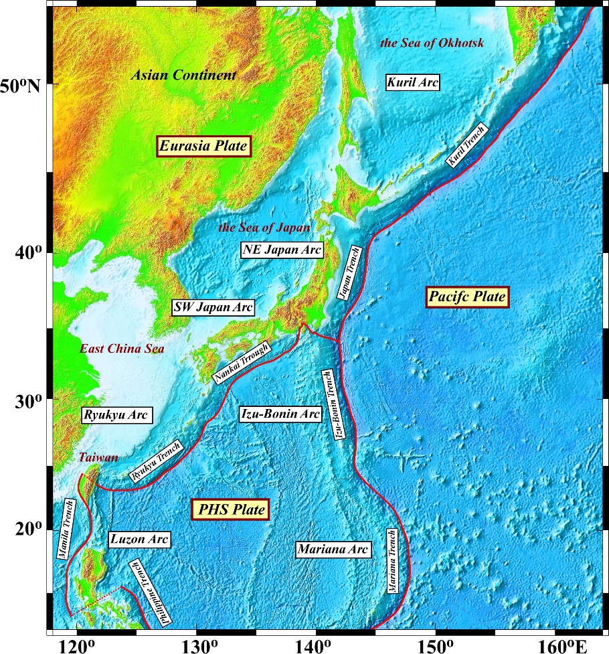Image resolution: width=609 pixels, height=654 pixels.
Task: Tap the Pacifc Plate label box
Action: [468, 297]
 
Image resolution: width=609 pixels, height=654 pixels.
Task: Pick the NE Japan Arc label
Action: [282, 250]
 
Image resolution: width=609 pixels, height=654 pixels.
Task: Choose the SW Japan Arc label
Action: [213, 307]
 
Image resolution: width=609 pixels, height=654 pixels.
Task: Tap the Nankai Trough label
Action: [242, 363]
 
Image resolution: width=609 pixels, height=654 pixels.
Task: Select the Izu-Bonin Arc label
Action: [280, 414]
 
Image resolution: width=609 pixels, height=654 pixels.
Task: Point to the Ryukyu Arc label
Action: [116, 415]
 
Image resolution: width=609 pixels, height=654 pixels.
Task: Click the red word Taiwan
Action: [98, 458]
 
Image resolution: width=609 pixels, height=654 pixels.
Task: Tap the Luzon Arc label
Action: [139, 539]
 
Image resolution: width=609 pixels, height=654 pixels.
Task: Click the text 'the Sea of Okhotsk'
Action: [431, 44]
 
